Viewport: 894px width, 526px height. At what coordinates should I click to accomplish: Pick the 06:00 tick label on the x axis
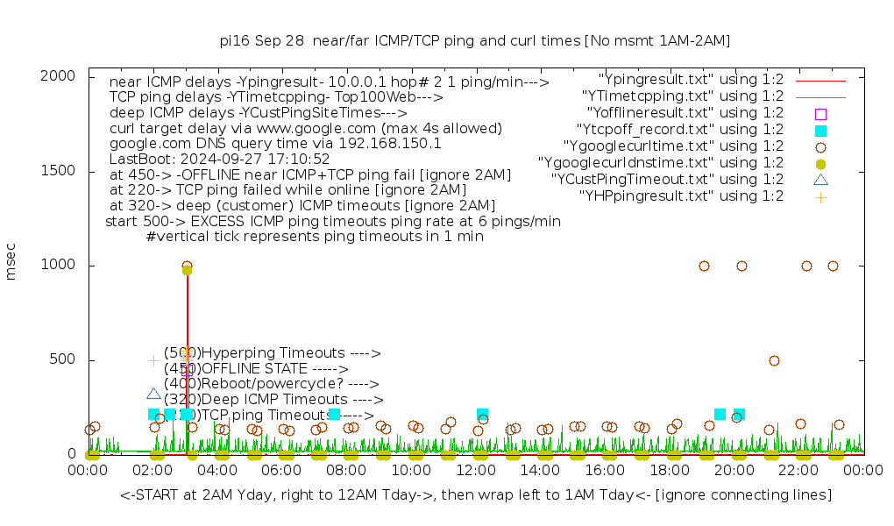tap(282, 471)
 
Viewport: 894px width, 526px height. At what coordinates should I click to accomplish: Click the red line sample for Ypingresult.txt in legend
tap(820, 80)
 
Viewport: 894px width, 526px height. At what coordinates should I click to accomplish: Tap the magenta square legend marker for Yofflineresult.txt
tap(820, 113)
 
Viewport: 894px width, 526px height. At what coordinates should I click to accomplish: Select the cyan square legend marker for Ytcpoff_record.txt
tap(820, 130)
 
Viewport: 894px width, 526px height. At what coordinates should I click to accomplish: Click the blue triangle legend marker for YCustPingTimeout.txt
tap(820, 180)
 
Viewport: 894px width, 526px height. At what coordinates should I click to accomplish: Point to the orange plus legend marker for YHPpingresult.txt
tap(820, 196)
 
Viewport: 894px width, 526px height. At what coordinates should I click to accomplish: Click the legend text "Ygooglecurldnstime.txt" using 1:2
tap(661, 163)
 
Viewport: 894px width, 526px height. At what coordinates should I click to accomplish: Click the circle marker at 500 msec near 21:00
tap(774, 360)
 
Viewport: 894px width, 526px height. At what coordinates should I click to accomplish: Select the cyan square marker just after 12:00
tap(482, 414)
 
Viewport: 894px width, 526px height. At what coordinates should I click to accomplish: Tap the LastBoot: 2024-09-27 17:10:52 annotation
tap(219, 159)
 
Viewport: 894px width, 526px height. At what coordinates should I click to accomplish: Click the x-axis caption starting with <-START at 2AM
tap(476, 495)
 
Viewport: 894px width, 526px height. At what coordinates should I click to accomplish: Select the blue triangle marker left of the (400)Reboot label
tap(153, 394)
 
